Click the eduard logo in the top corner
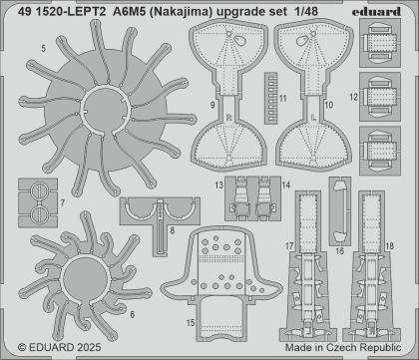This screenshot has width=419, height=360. [x=376, y=12]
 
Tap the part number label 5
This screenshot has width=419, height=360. [x=44, y=49]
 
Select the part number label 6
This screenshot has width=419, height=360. [x=133, y=314]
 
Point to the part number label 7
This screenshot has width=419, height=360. [x=63, y=202]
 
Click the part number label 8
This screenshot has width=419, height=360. [x=172, y=230]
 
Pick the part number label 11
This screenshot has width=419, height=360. [x=283, y=99]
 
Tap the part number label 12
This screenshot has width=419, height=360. [x=354, y=98]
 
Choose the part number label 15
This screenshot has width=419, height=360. [x=191, y=323]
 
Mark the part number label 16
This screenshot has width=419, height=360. [x=339, y=251]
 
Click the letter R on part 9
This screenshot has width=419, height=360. [x=228, y=118]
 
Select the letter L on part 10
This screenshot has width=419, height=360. [x=313, y=118]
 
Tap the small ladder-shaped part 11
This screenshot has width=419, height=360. [x=270, y=98]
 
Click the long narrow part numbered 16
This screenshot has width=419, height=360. [x=340, y=211]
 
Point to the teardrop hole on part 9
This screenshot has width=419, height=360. [x=238, y=41]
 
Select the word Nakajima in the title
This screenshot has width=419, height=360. [x=188, y=12]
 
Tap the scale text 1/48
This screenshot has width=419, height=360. [x=305, y=12]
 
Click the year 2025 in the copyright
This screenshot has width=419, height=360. [x=89, y=348]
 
